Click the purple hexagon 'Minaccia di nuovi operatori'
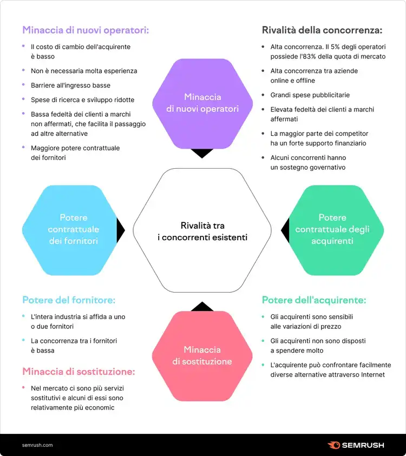(x=202, y=103)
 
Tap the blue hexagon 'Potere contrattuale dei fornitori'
(x=70, y=230)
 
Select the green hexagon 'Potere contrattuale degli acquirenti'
(x=336, y=230)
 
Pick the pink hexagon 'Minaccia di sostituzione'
(x=202, y=356)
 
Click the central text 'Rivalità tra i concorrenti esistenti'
(x=202, y=232)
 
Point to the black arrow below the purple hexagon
(x=202, y=153)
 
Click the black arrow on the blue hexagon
(x=121, y=230)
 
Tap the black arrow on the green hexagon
(x=285, y=230)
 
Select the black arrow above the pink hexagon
(x=202, y=307)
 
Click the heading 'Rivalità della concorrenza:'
(x=322, y=30)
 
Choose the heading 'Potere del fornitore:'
(x=69, y=300)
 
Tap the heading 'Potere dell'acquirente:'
(x=314, y=300)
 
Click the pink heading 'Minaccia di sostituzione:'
(x=78, y=372)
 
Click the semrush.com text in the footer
(x=37, y=445)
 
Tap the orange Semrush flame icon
(x=334, y=445)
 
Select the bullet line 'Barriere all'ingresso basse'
(x=71, y=85)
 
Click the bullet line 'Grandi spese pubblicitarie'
(x=310, y=95)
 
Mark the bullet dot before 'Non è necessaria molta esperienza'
(x=23, y=70)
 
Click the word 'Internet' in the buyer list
(x=373, y=374)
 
